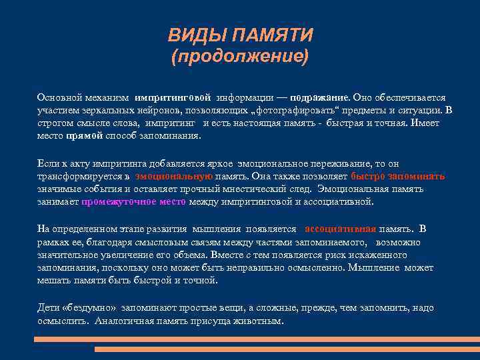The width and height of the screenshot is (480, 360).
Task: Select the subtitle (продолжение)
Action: [x=240, y=56]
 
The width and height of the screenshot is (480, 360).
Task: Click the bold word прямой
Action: [x=85, y=135]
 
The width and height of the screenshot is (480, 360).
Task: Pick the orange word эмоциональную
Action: [x=173, y=177]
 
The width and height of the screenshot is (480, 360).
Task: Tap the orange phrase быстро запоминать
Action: [x=397, y=177]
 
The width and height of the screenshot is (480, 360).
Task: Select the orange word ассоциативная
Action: [x=340, y=229]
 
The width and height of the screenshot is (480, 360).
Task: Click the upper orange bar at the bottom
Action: [x=257, y=339]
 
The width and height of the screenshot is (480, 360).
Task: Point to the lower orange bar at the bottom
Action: [x=287, y=349]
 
